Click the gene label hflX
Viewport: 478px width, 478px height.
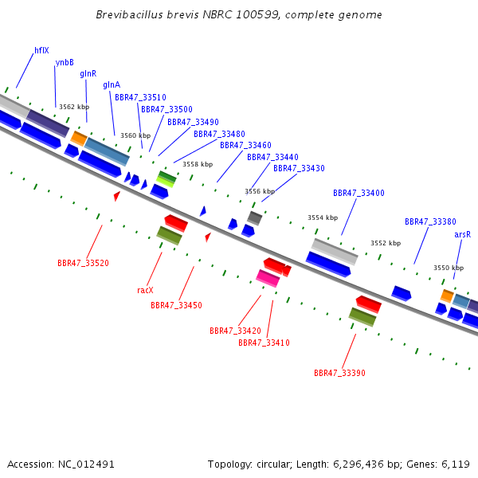point(41,50)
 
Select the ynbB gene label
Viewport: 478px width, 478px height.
point(65,62)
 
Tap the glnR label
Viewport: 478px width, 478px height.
point(88,73)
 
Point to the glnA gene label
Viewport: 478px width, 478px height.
point(112,84)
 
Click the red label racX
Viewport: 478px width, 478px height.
point(145,290)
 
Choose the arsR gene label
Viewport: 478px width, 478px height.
point(462,234)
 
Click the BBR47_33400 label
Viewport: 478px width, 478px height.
point(358,193)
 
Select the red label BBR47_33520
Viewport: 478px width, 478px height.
point(83,263)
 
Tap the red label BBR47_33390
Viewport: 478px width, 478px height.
point(339,373)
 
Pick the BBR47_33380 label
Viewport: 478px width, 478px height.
point(430,221)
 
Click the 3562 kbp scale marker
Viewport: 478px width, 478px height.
point(74,107)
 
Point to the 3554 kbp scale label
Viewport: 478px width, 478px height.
point(323,217)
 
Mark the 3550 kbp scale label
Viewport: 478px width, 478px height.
point(449,268)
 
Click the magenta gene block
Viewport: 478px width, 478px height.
point(268,278)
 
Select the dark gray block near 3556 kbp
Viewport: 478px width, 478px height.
point(255,218)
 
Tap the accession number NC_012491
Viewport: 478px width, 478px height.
point(86,464)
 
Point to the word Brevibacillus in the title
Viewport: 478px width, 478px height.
point(129,14)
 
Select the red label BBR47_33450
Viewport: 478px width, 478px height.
point(177,305)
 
